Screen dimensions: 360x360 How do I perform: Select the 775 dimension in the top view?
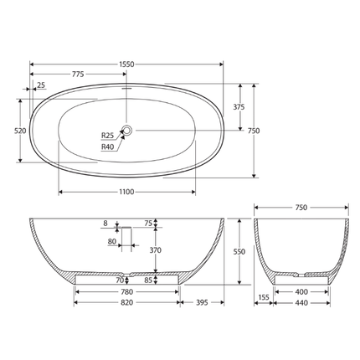click(78, 75)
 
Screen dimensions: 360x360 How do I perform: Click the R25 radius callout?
click(107, 136)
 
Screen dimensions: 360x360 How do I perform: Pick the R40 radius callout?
click(107, 147)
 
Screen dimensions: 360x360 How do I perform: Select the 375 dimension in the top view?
click(239, 107)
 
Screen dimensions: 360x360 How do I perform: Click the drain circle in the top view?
click(127, 130)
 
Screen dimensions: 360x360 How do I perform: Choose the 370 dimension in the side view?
click(154, 249)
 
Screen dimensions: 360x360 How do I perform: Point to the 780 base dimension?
click(126, 291)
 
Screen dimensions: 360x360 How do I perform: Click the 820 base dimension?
click(126, 302)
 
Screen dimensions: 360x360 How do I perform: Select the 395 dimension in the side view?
click(202, 302)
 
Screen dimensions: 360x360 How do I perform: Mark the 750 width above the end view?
click(301, 207)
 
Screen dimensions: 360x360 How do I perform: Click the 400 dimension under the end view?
click(301, 291)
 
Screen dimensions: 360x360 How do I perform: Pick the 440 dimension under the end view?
click(301, 302)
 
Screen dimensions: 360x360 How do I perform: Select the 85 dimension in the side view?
click(149, 280)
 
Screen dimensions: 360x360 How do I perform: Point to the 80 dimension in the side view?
click(112, 242)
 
